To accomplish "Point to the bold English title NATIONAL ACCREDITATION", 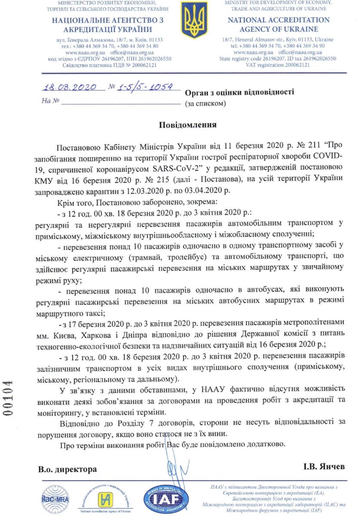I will pos(278,20).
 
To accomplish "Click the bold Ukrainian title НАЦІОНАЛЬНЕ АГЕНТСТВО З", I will pos(102,20).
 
